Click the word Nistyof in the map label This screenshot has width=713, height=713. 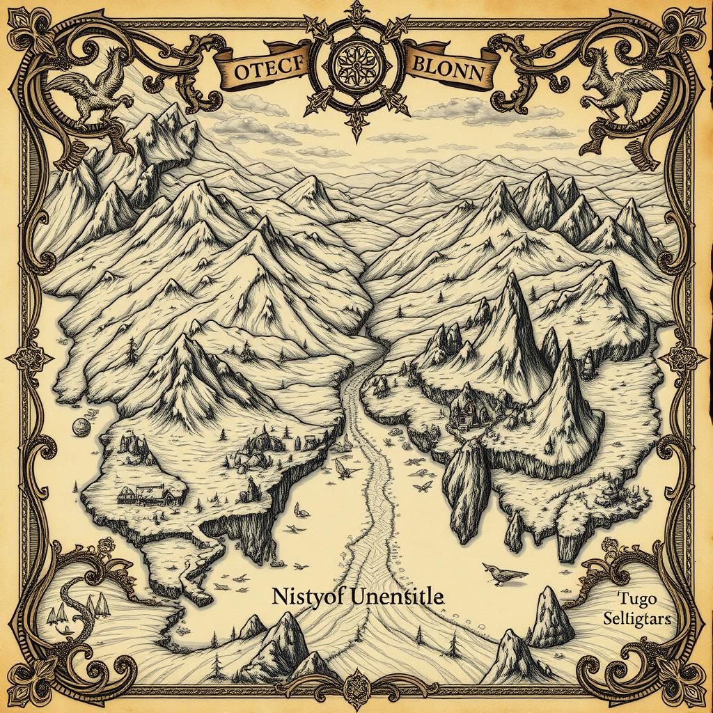304,597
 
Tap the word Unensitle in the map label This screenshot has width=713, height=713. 393,597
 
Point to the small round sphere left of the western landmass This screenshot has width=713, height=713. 80,427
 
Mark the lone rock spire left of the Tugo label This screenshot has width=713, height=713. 550,616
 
